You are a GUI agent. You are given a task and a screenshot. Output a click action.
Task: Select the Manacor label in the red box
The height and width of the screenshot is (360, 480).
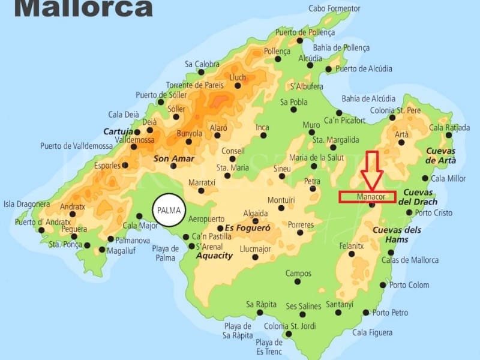click(367, 197)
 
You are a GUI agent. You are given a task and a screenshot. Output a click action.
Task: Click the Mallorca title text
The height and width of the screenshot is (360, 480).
click(83, 8)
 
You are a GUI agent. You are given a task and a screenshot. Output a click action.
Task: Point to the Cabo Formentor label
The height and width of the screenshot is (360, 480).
click(334, 8)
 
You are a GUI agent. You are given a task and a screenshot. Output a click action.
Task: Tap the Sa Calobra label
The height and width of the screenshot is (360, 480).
click(202, 64)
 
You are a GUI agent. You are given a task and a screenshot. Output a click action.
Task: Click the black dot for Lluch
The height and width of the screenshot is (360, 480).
click(238, 86)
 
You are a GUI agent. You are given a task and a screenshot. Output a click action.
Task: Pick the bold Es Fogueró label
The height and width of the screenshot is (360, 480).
click(248, 228)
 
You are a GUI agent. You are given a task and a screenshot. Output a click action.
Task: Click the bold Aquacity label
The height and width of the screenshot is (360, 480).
click(214, 256)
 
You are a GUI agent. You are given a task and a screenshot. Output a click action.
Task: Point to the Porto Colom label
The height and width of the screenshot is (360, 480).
click(409, 285)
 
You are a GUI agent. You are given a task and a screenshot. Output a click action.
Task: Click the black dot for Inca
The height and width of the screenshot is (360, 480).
click(263, 136)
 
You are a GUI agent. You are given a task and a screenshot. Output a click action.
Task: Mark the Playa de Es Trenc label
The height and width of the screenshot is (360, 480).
click(269, 346)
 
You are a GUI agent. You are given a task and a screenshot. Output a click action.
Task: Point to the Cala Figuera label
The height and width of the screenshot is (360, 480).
click(373, 332)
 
